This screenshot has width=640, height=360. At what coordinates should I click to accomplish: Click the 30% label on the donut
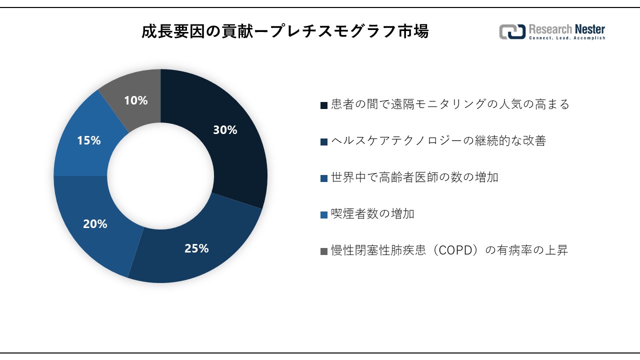click(225, 130)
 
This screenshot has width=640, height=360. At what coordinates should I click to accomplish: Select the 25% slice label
click(196, 248)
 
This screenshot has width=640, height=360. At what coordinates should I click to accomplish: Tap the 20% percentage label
click(95, 224)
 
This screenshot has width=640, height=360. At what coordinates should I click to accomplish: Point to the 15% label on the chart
click(88, 140)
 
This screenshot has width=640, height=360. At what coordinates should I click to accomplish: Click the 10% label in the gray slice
click(135, 100)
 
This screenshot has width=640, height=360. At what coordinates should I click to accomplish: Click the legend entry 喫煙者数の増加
click(372, 214)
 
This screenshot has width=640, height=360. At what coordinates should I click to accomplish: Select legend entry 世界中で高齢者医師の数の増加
click(414, 177)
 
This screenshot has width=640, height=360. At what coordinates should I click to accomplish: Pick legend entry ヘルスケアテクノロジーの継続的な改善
click(438, 141)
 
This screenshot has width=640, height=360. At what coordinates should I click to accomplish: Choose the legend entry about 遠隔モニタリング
click(450, 104)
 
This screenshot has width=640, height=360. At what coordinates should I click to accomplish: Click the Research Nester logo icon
click(512, 31)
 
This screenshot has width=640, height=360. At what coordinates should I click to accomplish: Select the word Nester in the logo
click(588, 29)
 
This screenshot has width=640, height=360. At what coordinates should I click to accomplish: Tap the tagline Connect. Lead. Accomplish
click(566, 38)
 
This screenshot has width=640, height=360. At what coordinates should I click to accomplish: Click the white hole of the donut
click(160, 176)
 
